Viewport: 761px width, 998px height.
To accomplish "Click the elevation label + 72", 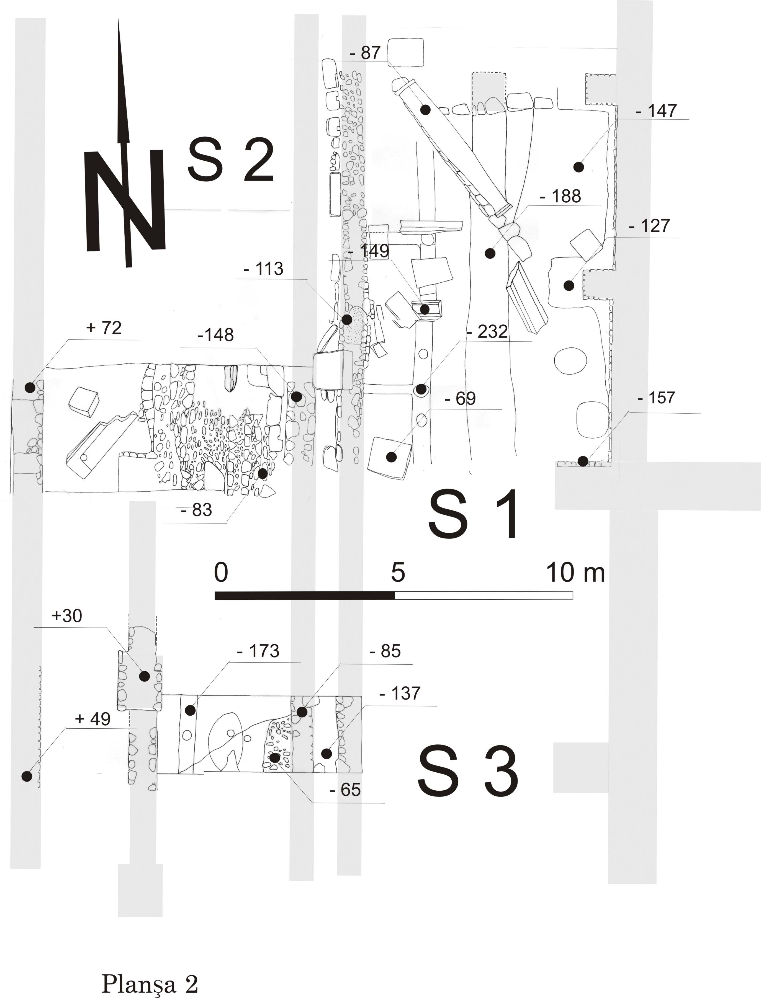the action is tap(104, 328).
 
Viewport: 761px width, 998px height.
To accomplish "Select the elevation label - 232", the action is tap(487, 332).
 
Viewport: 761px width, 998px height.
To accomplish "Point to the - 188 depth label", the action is tap(561, 197).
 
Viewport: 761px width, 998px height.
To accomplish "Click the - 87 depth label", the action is tap(365, 53).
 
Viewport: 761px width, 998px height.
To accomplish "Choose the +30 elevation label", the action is tap(67, 616).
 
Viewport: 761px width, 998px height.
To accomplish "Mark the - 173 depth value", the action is tap(258, 651).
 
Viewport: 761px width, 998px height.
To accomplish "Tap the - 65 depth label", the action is tap(345, 790).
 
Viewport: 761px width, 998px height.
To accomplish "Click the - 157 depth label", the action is tap(656, 398).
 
